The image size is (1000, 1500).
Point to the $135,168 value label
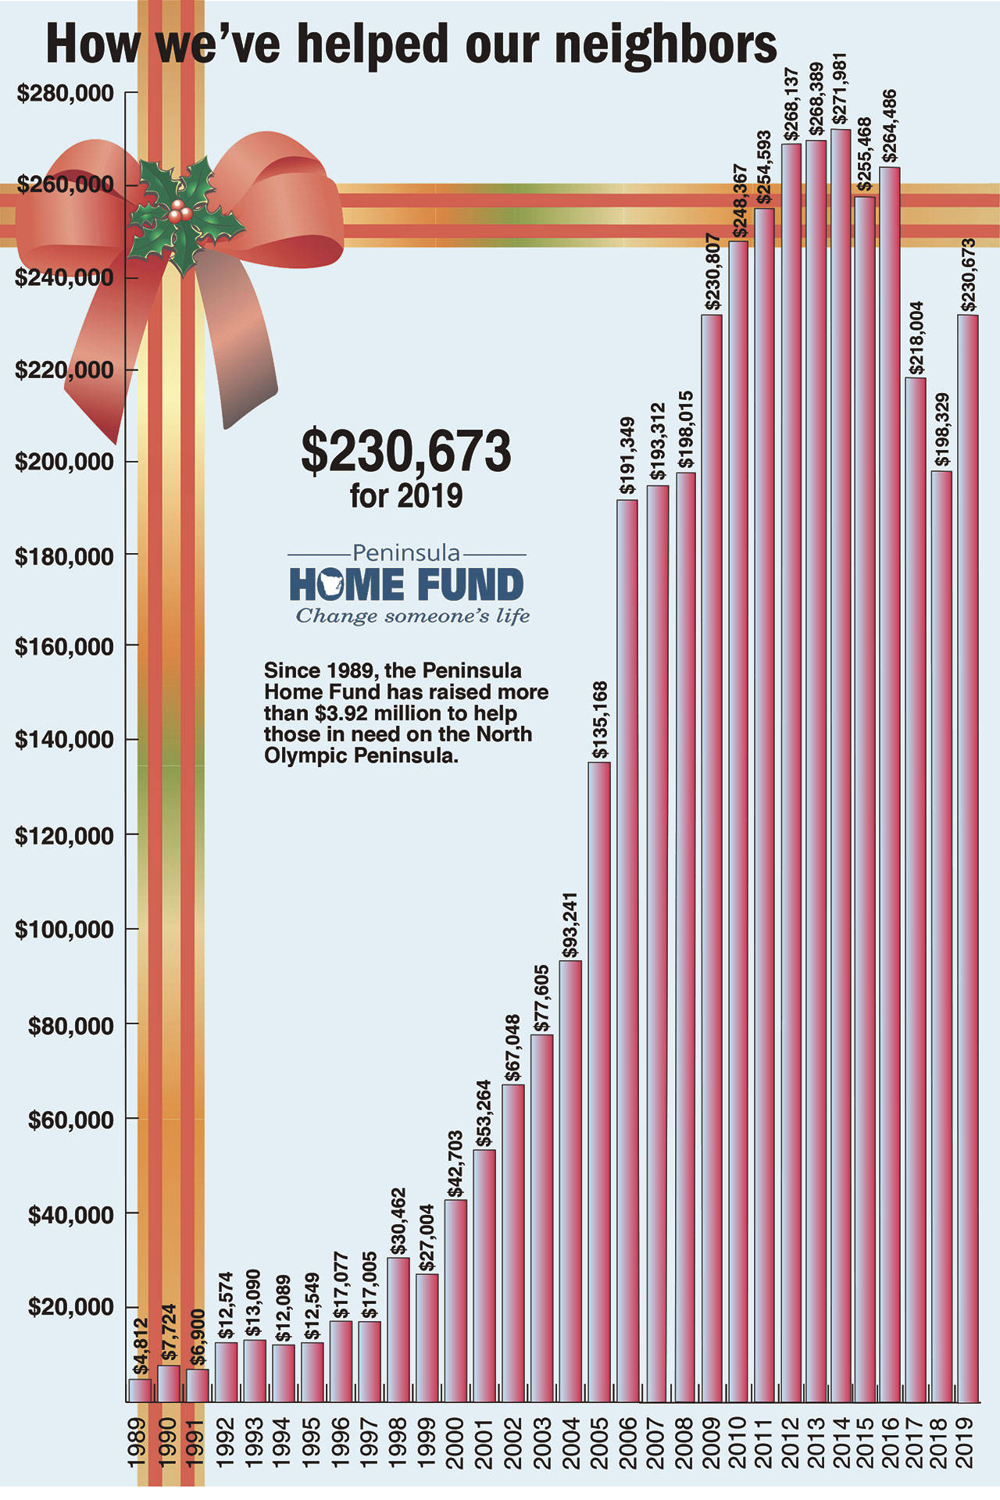coord(600,720)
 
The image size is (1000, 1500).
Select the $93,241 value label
coord(571,925)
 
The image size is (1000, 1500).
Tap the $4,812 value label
coord(140,1346)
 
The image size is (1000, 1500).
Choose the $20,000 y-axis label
coord(71,1307)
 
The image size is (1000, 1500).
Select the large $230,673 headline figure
coord(406,451)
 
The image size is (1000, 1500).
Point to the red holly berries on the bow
coord(180,210)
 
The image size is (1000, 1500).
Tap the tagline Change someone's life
coord(412,616)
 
